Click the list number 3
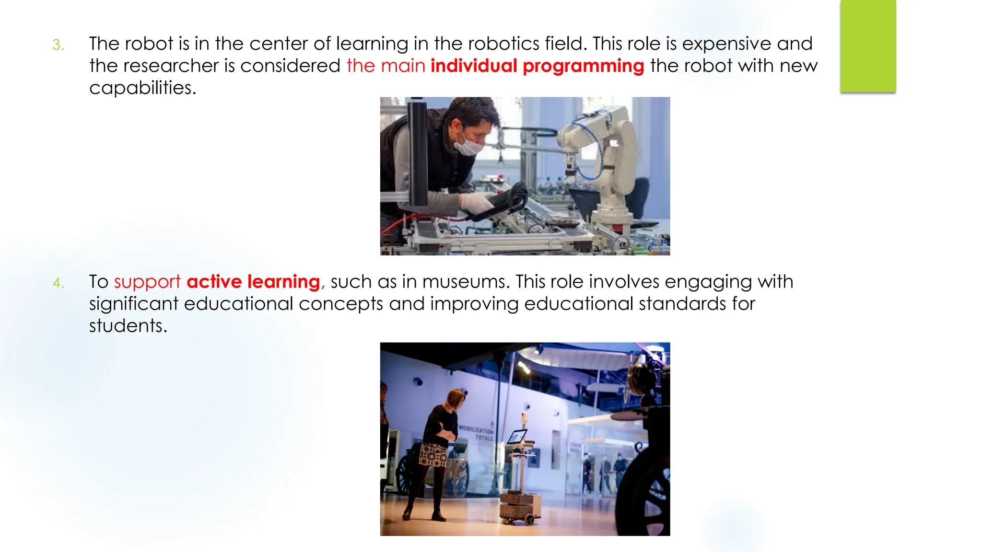[x=58, y=45]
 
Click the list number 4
[x=58, y=283]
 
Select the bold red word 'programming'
[x=583, y=66]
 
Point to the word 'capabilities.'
[x=142, y=88]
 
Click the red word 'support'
[x=147, y=282]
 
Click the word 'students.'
[x=128, y=326]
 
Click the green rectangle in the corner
[x=868, y=46]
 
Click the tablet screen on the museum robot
[x=517, y=437]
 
